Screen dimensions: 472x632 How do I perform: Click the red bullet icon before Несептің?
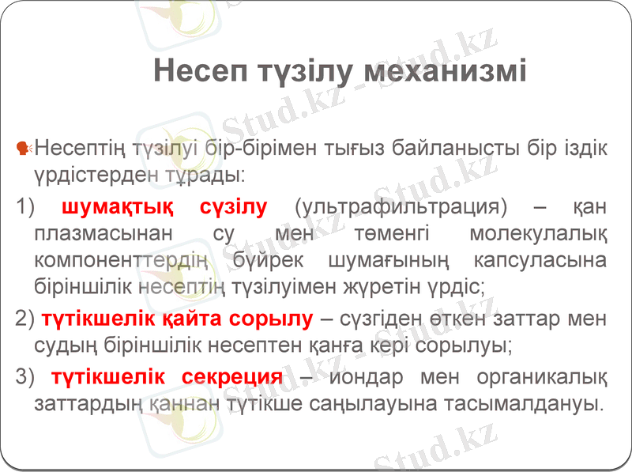coord(23,147)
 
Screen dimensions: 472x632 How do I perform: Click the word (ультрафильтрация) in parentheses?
coord(399,207)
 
